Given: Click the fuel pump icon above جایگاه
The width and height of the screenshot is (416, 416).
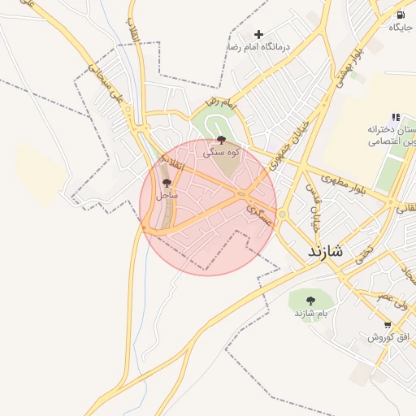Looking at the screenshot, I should [400, 15].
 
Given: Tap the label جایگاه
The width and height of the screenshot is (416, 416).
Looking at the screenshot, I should [401, 28].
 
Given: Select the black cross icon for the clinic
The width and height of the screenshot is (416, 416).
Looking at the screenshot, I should [258, 34].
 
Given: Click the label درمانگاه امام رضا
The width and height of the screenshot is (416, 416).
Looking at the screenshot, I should [258, 48].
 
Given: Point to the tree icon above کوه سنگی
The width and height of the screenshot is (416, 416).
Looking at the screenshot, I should [222, 141].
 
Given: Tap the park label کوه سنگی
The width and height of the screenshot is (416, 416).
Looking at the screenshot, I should [221, 152].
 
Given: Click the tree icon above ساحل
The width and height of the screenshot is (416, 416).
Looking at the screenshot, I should [167, 184].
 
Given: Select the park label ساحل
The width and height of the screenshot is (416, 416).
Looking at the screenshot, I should [167, 196].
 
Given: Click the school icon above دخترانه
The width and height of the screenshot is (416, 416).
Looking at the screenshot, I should [396, 117].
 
